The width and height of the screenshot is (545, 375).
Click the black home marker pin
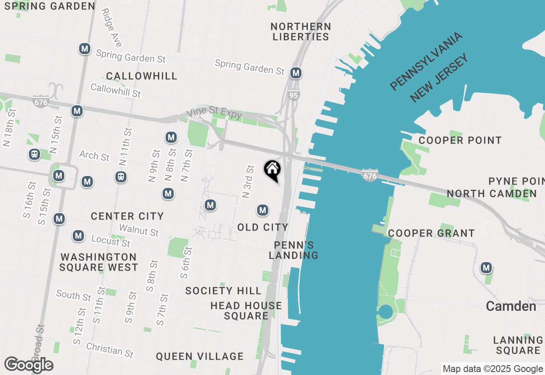pyautogui.click(x=272, y=170)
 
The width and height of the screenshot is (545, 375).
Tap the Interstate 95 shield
pyautogui.click(x=293, y=95)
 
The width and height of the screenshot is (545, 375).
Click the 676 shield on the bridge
pyautogui.click(x=370, y=175)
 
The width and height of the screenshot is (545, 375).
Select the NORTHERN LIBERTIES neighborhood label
pyautogui.click(x=301, y=32)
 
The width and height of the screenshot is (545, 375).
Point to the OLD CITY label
pyautogui.click(x=263, y=228)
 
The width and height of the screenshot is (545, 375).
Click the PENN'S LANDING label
pyautogui.click(x=294, y=250)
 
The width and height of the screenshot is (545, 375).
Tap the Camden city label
pyautogui.click(x=511, y=306)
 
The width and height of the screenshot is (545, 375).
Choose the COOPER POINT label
pyautogui.click(x=460, y=140)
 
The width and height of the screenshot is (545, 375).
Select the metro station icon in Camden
pyautogui.click(x=486, y=268)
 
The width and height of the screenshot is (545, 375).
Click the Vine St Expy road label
pyautogui.click(x=214, y=112)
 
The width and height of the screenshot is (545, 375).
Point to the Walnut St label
pyautogui.click(x=139, y=230)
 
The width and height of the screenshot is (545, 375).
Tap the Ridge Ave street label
pyautogui.click(x=112, y=28)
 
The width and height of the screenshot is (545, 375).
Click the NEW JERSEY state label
pyautogui.click(x=439, y=77)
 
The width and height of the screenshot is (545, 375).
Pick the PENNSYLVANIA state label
pyautogui.click(x=426, y=61)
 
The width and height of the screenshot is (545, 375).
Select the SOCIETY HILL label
pyautogui.click(x=223, y=291)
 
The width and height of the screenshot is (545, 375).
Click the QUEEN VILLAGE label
pyautogui.click(x=200, y=356)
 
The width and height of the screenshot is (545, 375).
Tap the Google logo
pyautogui.click(x=29, y=365)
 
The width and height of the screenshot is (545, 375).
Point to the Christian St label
pyautogui.click(x=110, y=350)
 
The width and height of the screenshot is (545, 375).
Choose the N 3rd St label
pyautogui.click(x=248, y=182)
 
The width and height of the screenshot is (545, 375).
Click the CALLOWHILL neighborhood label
pyautogui.click(x=141, y=76)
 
